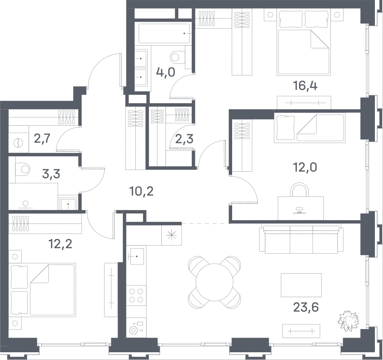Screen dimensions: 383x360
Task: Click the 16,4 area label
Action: point(305,86)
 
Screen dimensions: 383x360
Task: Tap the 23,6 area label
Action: point(306,307)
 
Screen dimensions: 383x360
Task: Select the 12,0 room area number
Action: point(305,168)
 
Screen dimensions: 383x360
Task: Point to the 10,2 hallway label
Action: point(142,191)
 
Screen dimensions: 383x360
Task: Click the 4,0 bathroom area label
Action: point(166,72)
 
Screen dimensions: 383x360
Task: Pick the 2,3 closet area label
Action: point(185,139)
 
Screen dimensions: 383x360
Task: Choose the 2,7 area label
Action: point(42,139)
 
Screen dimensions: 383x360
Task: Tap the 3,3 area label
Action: point(51,174)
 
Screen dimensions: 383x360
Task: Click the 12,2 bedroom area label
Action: point(60,244)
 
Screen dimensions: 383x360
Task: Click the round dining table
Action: point(214,282)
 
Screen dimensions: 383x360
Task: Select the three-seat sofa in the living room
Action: point(301,240)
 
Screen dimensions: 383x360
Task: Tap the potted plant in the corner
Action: point(348,321)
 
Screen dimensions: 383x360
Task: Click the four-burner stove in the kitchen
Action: point(136,295)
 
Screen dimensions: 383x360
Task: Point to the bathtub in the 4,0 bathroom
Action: point(165,33)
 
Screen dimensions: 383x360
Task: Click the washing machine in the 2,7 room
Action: point(19,143)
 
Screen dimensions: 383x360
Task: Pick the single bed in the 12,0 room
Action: point(309,128)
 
